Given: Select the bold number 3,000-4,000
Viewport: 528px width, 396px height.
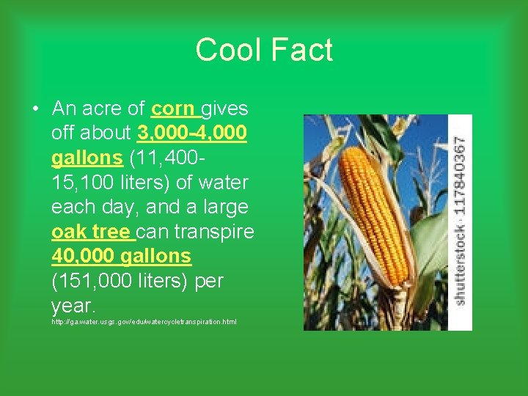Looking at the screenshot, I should tap(191, 134).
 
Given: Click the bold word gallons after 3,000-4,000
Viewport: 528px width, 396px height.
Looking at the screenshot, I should tap(87, 158).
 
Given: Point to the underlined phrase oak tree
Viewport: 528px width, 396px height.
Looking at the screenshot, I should tap(91, 232).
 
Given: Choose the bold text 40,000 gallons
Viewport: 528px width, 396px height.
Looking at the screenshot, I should tap(121, 257).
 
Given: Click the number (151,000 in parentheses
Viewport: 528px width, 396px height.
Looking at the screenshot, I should tap(92, 282).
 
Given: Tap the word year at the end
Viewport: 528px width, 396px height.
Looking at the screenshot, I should tap(73, 306).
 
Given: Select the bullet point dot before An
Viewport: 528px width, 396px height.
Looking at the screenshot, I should tap(35, 110).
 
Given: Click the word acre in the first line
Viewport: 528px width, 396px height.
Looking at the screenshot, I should tap(102, 109).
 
